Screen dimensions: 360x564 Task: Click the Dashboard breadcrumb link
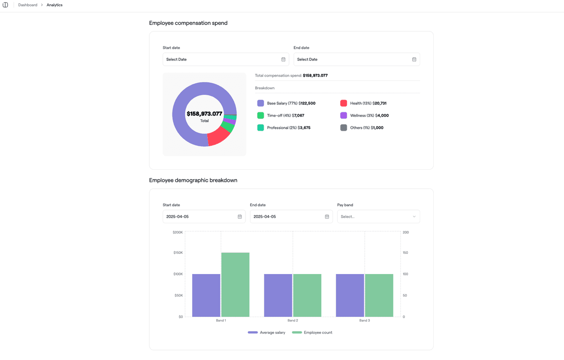pos(28,5)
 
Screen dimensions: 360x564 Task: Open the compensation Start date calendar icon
pos(283,59)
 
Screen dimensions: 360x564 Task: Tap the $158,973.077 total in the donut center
pos(204,114)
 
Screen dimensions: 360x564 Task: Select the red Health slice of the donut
pos(217,136)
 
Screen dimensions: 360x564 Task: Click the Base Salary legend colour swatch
pos(260,103)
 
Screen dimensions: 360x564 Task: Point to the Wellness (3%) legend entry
pos(369,116)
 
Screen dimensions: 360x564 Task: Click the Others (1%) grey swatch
pos(344,128)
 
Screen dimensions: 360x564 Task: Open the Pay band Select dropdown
pos(378,217)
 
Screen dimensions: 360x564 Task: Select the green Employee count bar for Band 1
pos(235,284)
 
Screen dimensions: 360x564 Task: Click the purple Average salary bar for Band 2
pos(278,295)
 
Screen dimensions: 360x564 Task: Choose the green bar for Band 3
pos(379,295)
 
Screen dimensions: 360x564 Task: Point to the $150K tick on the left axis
pos(178,253)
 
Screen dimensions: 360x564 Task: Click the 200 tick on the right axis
pos(406,232)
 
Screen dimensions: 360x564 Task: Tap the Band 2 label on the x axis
pos(292,321)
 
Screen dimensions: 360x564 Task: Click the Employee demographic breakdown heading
pos(193,180)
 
